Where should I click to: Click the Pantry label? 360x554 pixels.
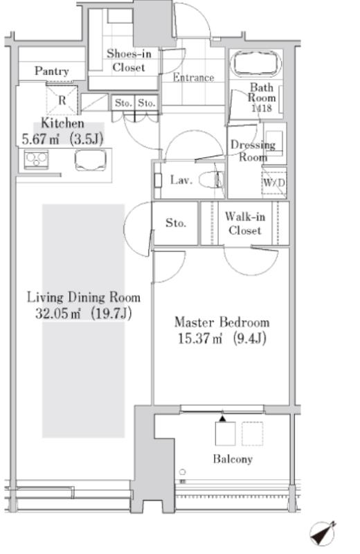52,71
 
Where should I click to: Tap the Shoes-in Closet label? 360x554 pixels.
129,60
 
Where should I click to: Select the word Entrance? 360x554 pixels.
193,78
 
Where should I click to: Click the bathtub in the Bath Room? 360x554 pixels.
256,64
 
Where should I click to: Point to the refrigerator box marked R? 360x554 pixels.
62,100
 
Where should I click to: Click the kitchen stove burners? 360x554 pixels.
36,160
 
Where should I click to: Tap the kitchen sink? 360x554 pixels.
91,160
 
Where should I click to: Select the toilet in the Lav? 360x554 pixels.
211,180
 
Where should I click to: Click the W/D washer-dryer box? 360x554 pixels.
274,182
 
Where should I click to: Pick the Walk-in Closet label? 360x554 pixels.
245,223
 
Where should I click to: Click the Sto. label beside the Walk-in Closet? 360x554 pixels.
176,223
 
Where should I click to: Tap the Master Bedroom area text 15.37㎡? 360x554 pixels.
200,339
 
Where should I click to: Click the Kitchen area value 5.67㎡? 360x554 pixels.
40,139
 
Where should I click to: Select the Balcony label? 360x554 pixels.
233,459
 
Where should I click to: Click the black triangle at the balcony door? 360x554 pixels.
222,419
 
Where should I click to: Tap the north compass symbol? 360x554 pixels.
323,533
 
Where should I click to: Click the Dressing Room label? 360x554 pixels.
253,151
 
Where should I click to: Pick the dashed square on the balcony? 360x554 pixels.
252,434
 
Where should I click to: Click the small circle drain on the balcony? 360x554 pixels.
182,472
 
